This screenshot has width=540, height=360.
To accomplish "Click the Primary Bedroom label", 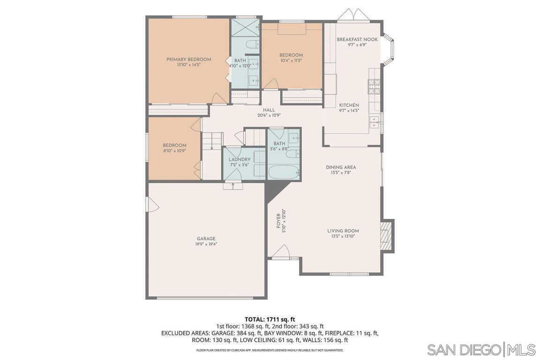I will [188, 60].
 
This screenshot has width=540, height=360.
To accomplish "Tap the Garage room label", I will [206, 239].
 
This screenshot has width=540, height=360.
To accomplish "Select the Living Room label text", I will [343, 231].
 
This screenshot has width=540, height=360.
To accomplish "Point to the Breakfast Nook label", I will [357, 40].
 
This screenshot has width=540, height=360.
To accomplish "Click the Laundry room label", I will [240, 159].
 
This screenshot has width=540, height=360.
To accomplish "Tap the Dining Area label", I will [341, 167].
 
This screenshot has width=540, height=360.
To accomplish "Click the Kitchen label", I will [349, 105].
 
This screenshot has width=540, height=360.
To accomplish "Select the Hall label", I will [269, 110].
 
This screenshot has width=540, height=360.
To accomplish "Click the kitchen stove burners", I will [374, 86].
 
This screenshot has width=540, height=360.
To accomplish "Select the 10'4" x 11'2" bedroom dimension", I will [291, 60].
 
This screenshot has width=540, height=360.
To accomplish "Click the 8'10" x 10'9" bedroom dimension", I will [174, 151].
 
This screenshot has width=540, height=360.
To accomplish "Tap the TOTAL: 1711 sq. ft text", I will [270, 319].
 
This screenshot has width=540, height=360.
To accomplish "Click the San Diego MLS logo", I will [481, 350].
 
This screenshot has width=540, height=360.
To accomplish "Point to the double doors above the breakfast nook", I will [353, 15].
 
